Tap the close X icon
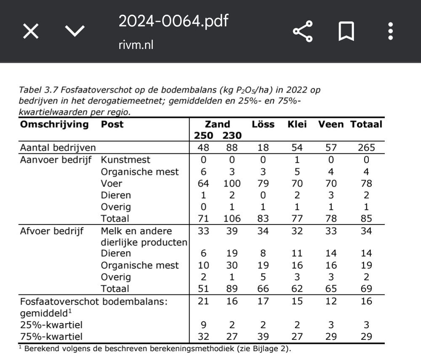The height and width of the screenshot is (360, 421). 31,31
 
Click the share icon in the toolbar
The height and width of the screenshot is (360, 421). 303,31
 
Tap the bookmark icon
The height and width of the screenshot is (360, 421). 346,31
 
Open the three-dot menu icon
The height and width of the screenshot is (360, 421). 391,31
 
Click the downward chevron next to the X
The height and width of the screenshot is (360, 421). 75,31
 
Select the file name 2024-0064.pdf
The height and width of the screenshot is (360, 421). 173,21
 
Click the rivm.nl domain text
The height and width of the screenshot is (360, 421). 136,45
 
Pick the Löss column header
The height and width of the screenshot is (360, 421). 263,124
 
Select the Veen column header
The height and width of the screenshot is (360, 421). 331,124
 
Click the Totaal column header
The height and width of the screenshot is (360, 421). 366,124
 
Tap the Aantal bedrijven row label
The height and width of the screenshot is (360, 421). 58,148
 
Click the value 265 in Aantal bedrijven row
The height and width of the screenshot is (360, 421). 366,148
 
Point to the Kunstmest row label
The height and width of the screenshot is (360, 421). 125,160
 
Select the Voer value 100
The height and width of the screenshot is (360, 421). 232,184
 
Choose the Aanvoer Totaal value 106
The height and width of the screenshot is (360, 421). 232,219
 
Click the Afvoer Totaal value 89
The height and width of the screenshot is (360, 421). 232,289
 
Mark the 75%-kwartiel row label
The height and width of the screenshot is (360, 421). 51,337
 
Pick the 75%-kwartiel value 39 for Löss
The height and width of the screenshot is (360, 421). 263,337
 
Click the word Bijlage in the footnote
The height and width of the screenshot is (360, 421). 261,349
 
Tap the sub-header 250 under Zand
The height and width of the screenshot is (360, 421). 204,136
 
